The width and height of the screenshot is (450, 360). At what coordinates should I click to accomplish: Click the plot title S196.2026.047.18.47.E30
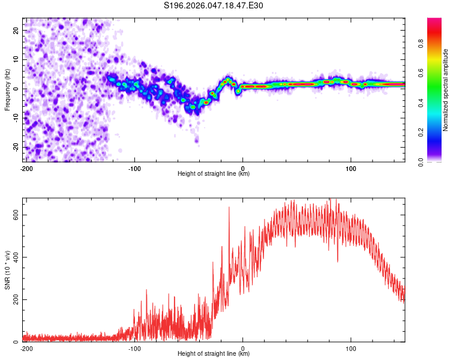pos(214,6)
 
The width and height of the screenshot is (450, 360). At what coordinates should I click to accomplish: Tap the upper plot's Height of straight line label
pos(214,173)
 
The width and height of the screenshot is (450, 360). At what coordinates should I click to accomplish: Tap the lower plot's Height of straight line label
pos(214,353)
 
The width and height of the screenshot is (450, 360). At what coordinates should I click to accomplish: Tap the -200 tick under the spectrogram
pos(26,167)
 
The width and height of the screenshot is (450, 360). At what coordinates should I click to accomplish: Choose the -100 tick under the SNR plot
pos(134,348)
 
